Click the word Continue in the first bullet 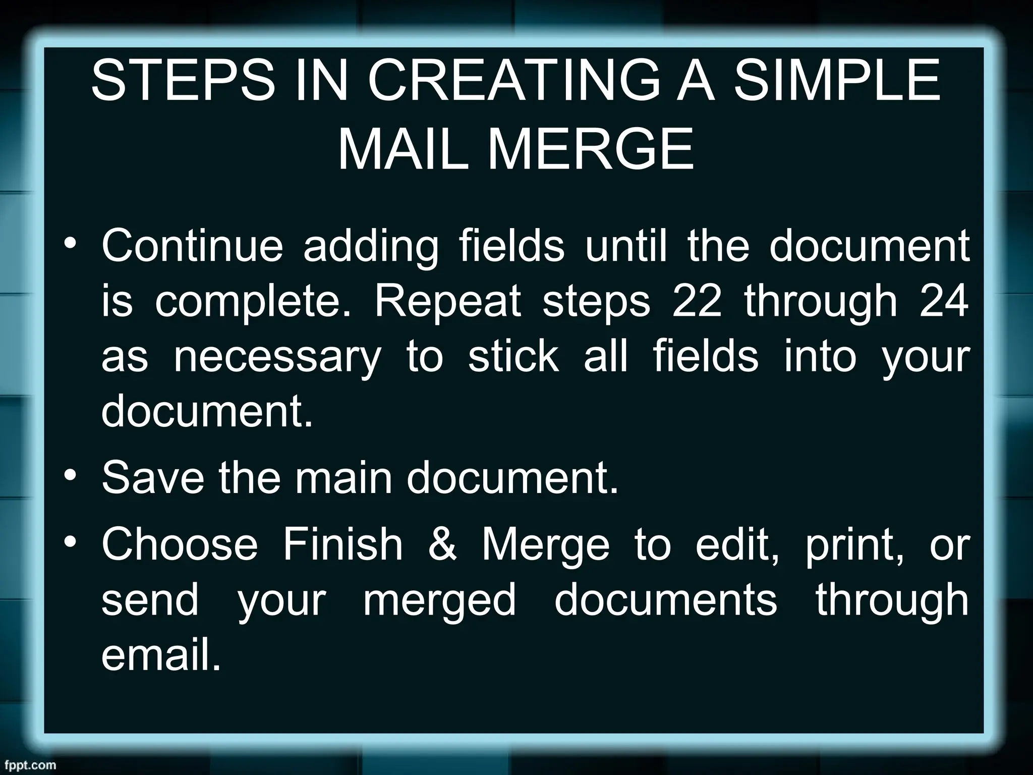192,246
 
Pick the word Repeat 447,302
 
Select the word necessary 277,358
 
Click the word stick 513,357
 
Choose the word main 343,478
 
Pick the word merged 440,600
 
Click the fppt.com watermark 28,765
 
